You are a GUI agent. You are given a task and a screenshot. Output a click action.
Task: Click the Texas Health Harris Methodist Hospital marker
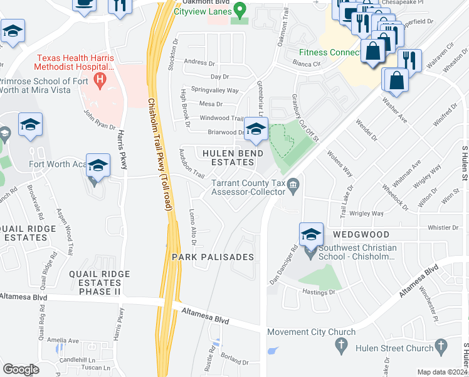(x=98, y=80)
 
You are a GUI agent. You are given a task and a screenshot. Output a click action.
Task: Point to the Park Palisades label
(x=213, y=257)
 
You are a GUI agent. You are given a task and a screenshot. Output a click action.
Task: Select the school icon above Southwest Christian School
(x=311, y=234)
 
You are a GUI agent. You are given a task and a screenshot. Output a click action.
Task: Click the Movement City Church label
(x=312, y=332)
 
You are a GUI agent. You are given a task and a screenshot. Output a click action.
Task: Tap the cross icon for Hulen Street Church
(x=442, y=345)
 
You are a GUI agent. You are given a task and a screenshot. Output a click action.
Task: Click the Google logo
(x=21, y=369)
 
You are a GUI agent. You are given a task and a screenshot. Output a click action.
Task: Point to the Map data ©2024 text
(x=442, y=372)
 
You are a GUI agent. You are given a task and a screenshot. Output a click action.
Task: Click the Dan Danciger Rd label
(x=283, y=259)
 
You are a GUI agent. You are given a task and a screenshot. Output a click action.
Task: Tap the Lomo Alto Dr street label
(x=194, y=227)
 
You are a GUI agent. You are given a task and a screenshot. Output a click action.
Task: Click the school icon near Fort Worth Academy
(x=98, y=166)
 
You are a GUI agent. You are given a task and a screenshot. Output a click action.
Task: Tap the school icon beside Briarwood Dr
(x=255, y=129)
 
